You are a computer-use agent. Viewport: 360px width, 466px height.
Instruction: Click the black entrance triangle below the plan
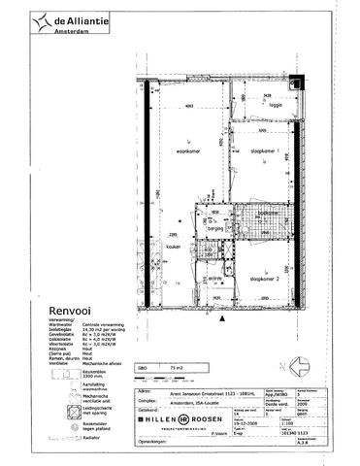click(224, 317)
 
